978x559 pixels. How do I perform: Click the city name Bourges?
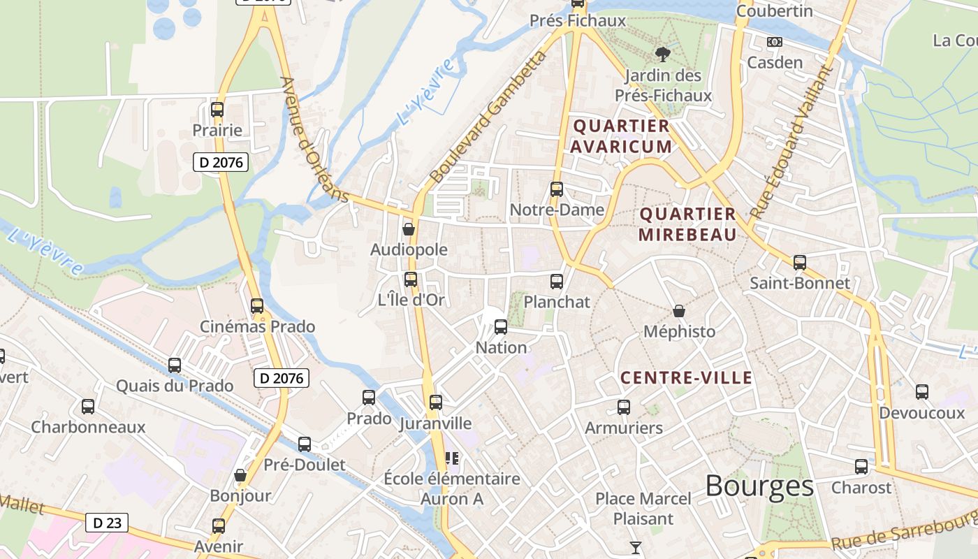(x=759, y=486)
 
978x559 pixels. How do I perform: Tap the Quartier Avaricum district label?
(x=622, y=136)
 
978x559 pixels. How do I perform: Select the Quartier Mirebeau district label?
(x=687, y=224)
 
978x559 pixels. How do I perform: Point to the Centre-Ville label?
(x=687, y=378)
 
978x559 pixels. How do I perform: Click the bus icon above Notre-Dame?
(x=557, y=189)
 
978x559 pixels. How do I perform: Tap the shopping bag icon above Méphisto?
(x=679, y=311)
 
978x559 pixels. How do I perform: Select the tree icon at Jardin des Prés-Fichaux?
(x=663, y=54)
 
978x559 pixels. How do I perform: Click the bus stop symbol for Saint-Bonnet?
(x=800, y=263)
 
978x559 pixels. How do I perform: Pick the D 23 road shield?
(x=107, y=522)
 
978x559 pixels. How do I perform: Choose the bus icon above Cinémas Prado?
(x=257, y=305)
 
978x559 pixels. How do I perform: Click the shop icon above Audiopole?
(x=409, y=229)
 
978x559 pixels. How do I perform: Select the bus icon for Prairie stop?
(x=217, y=110)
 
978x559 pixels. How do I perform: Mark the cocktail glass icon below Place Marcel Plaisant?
(x=636, y=547)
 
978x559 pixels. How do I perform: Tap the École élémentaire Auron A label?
(x=452, y=488)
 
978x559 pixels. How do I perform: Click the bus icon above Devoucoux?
(x=922, y=392)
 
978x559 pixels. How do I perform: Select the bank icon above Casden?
(x=775, y=42)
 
